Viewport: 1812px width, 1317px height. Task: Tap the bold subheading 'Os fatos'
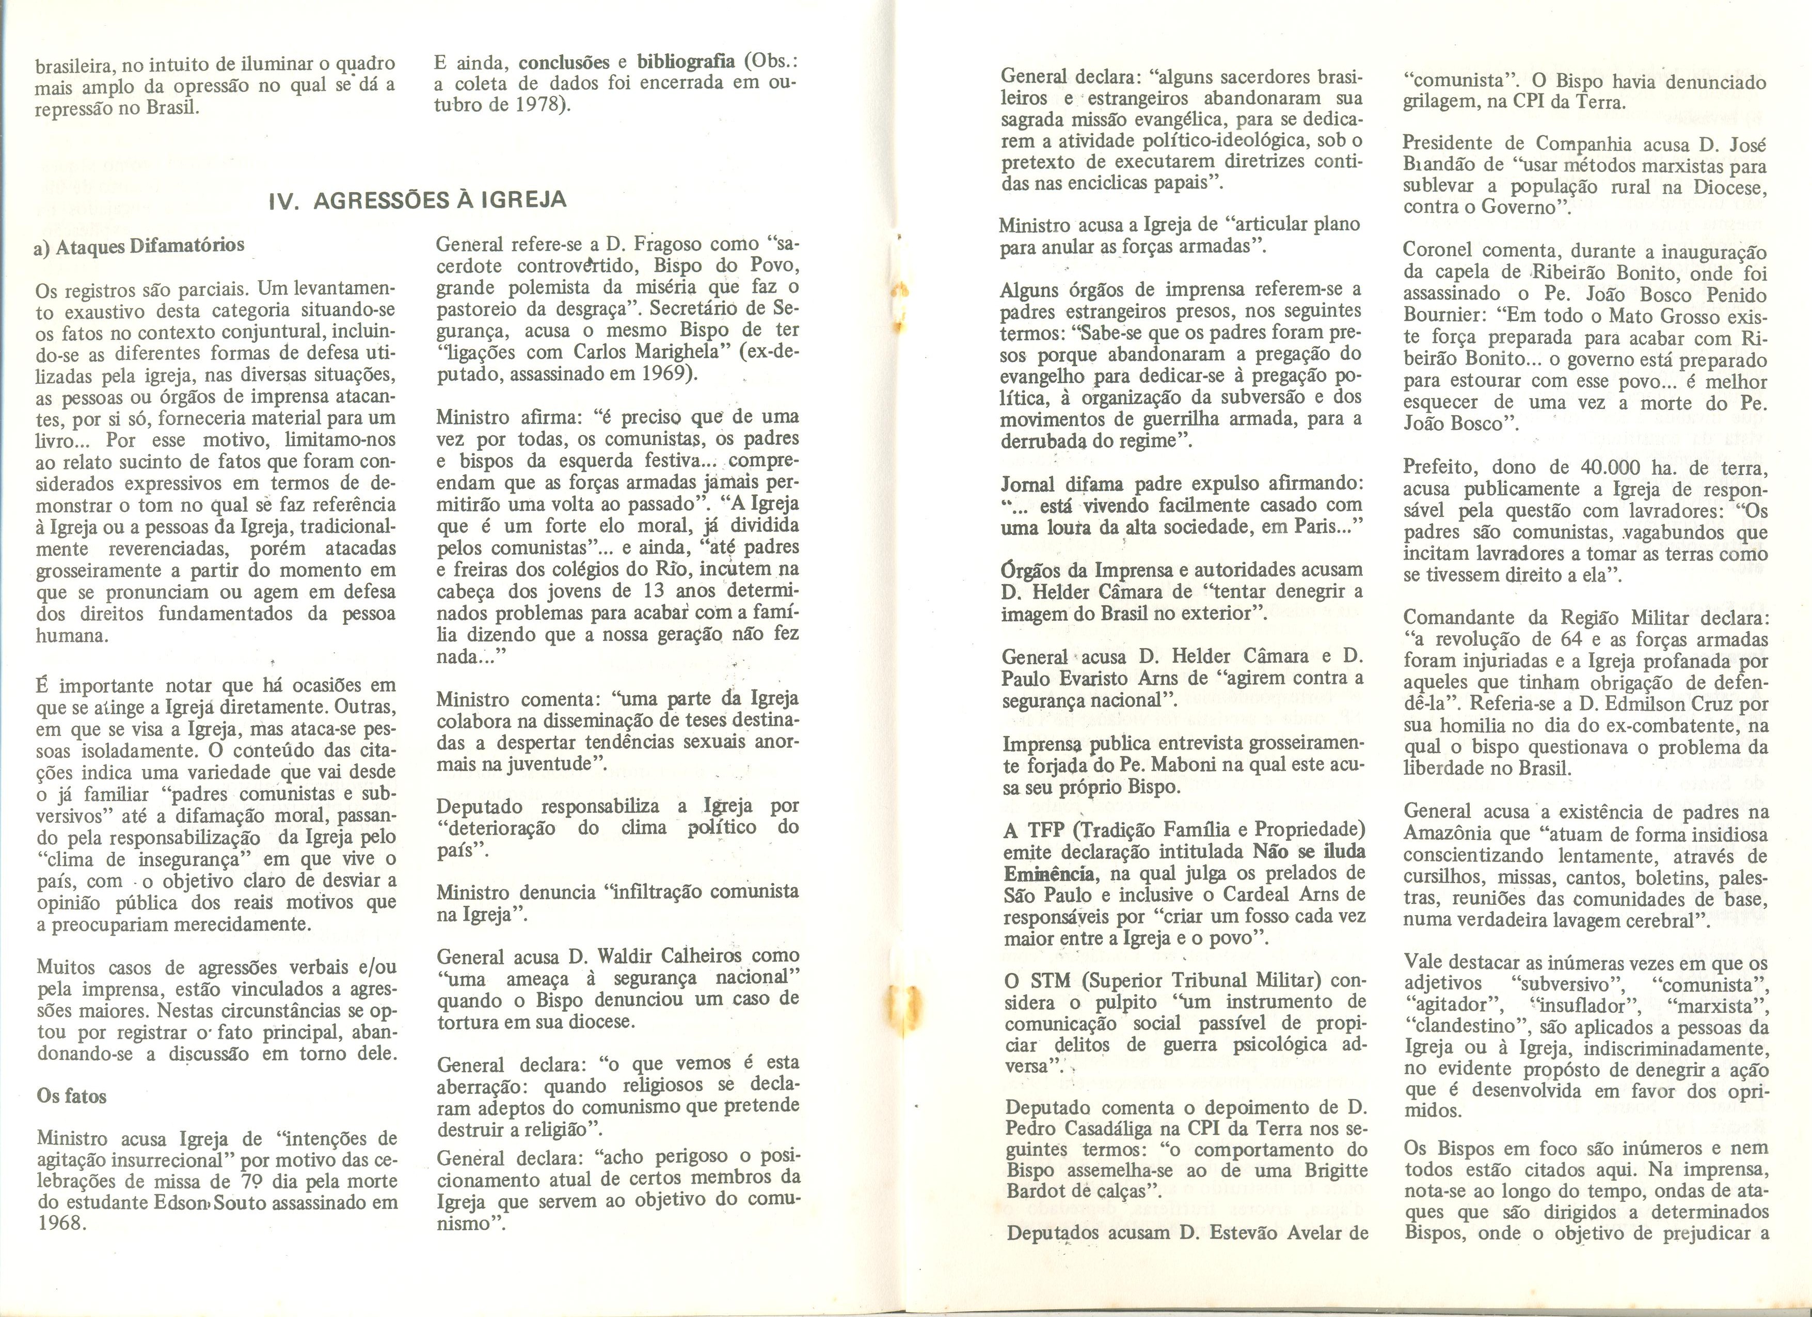72,1095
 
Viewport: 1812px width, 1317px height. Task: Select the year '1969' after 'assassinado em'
666,373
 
